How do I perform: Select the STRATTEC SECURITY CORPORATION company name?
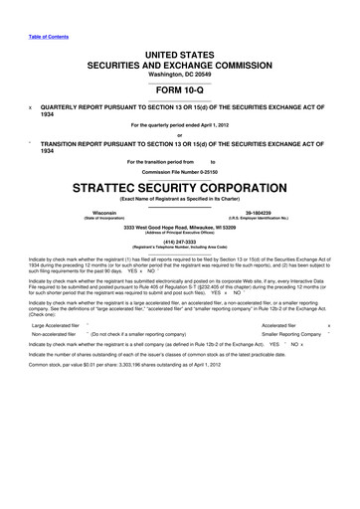pos(180,185)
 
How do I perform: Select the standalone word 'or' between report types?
pos(180,136)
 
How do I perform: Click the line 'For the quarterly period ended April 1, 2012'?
pos(180,124)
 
